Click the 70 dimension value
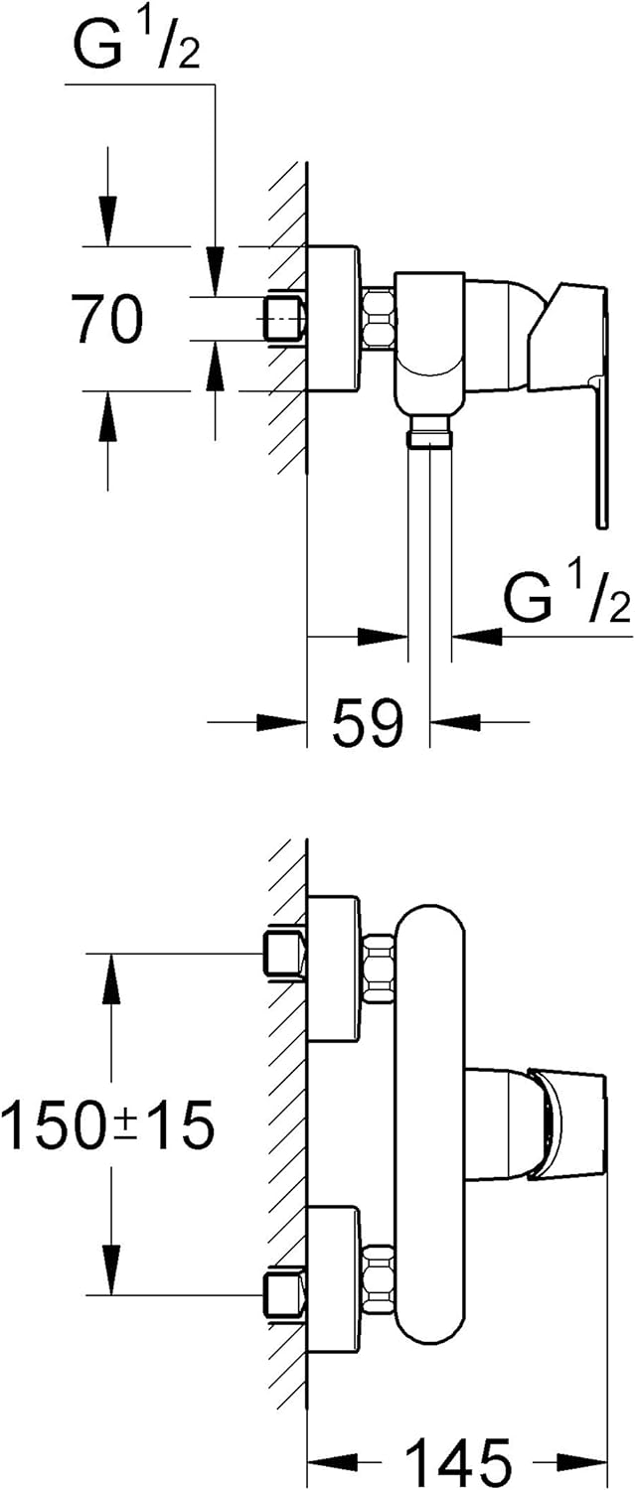[107, 319]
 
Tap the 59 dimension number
[368, 721]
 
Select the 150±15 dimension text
[108, 1125]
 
